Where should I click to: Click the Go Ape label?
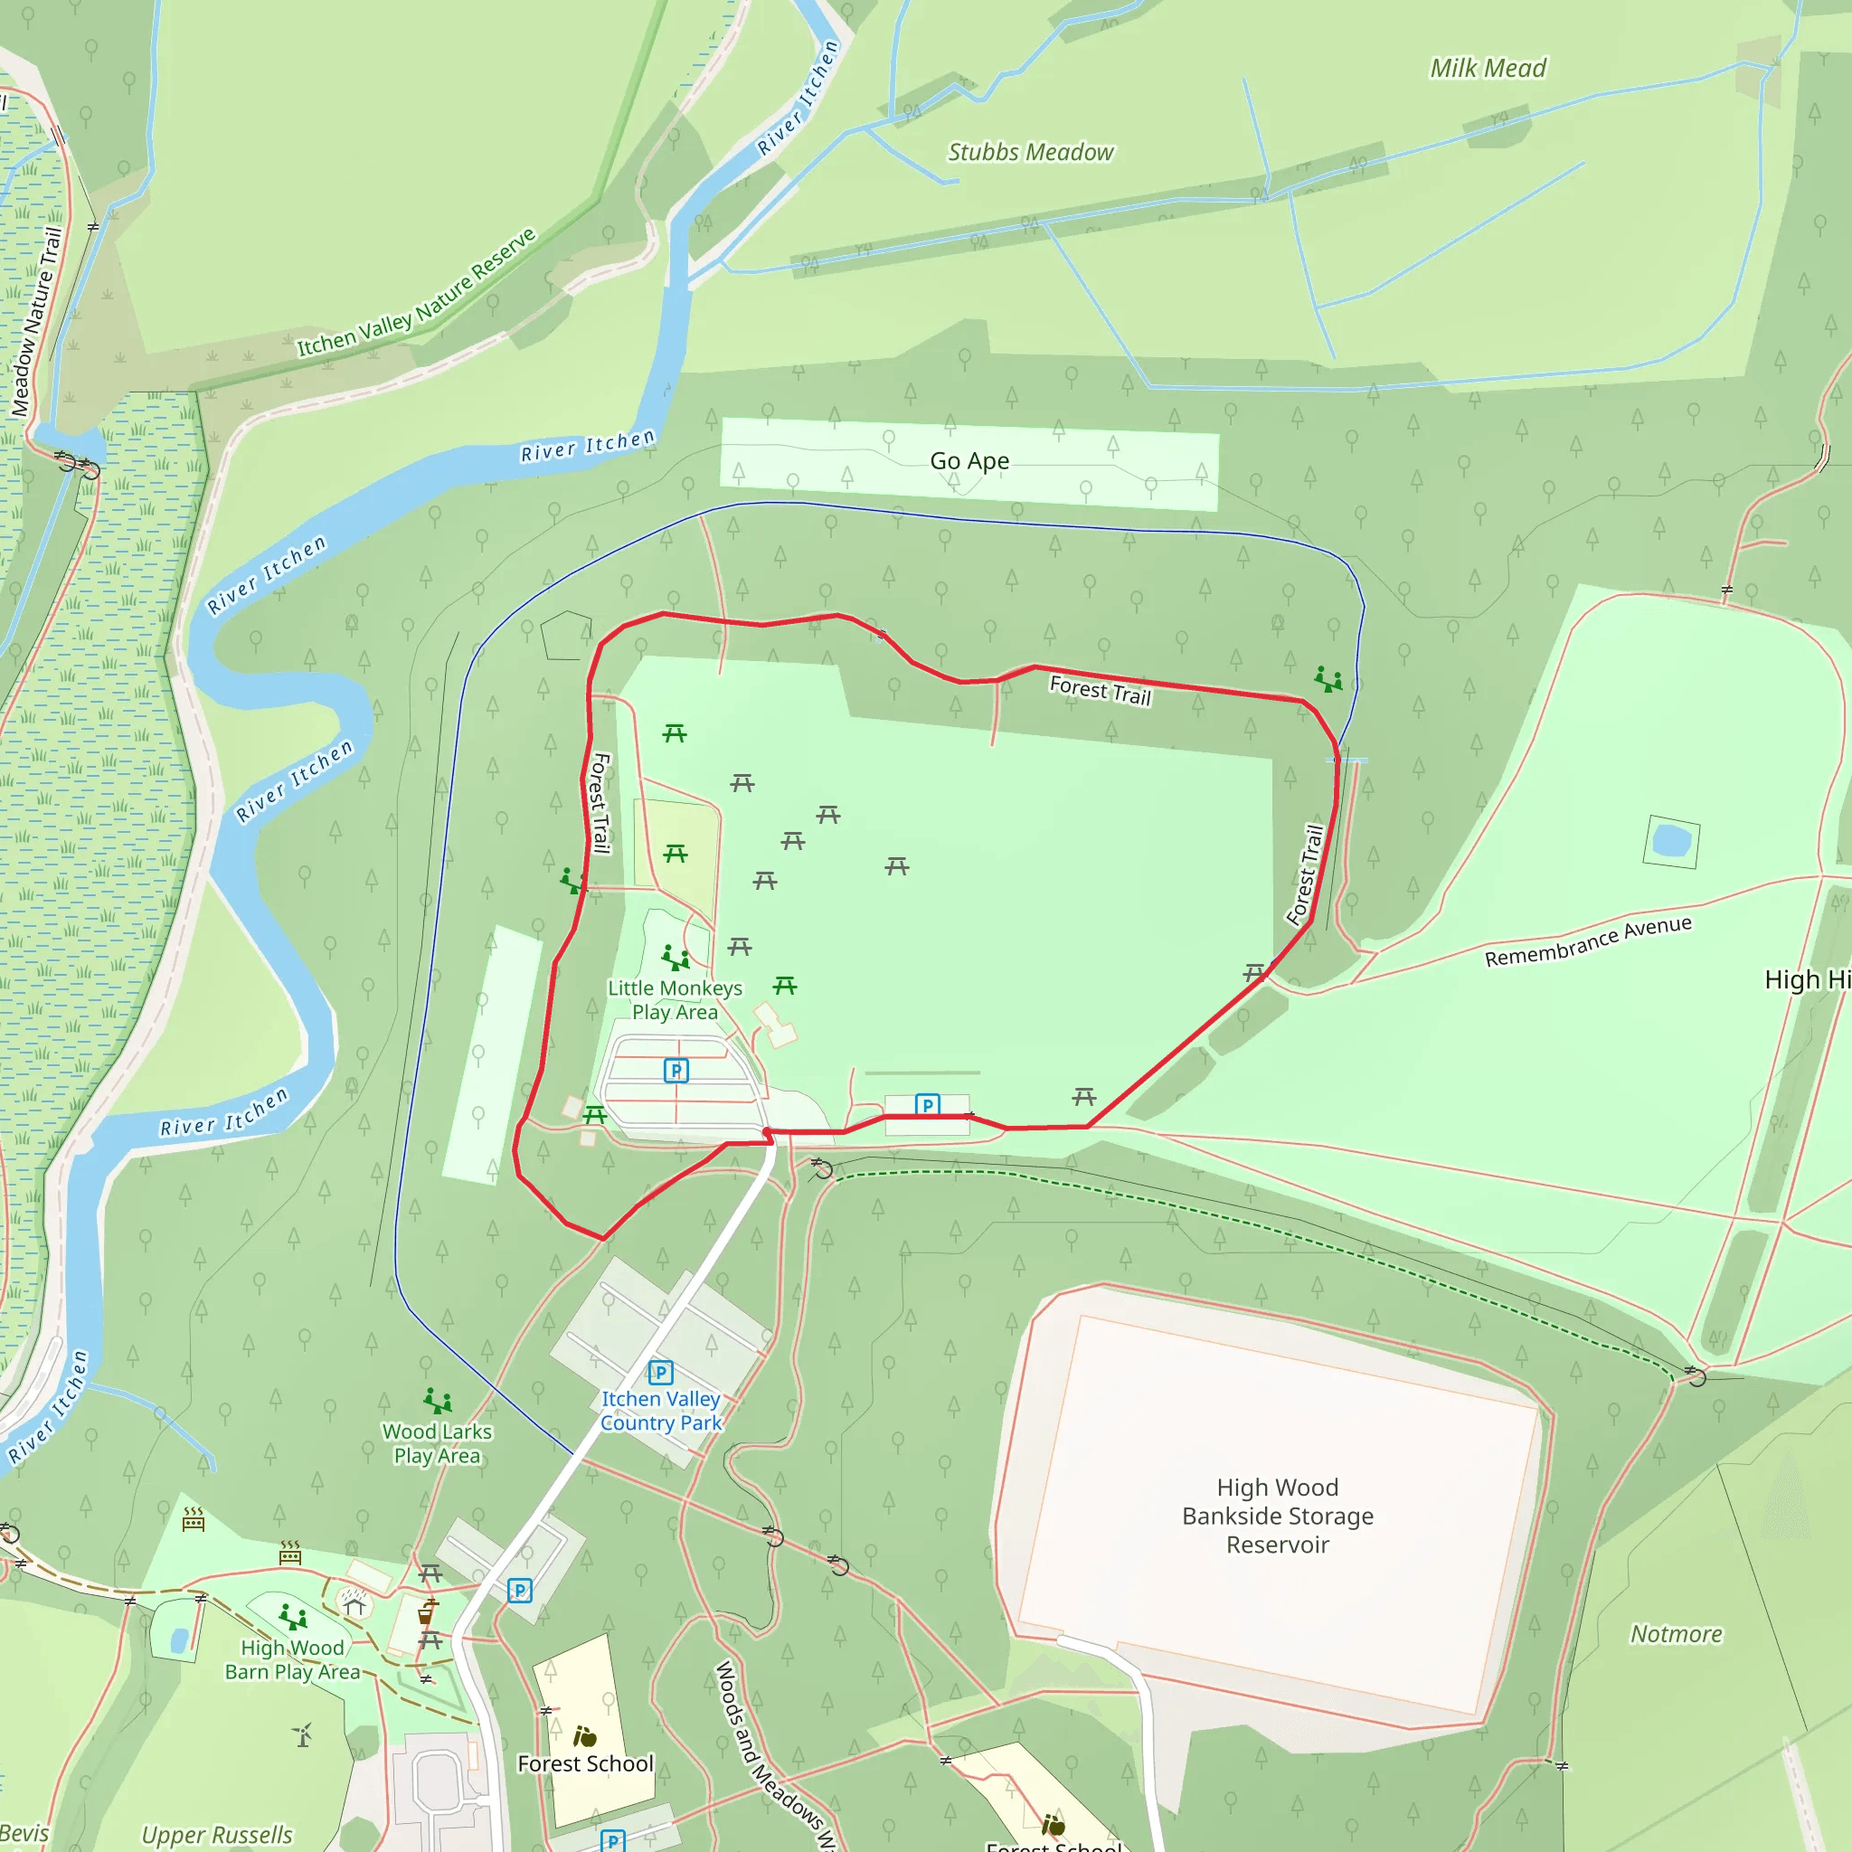coord(969,461)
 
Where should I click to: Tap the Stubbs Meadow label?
coord(1031,153)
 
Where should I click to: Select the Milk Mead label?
coord(1488,68)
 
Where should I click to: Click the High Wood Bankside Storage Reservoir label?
coord(1277,1516)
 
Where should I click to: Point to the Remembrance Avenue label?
coord(1587,941)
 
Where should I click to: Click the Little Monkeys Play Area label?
coord(675,1000)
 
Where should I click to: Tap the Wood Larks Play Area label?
coord(437,1442)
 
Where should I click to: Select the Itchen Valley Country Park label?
coord(660,1411)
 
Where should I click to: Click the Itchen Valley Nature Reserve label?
coord(416,294)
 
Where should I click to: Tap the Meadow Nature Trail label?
coord(36,322)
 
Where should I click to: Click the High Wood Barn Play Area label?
coord(292,1659)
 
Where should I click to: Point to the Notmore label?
coord(1677,1633)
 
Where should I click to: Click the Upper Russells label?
coord(217,1834)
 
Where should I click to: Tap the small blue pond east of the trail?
coord(1672,841)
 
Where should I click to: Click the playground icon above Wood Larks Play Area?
coord(437,1402)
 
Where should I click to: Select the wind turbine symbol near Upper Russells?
coord(303,1735)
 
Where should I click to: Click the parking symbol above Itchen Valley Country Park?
coord(660,1373)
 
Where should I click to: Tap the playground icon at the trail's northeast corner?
coord(1328,680)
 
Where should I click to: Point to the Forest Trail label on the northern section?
coord(1100,690)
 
